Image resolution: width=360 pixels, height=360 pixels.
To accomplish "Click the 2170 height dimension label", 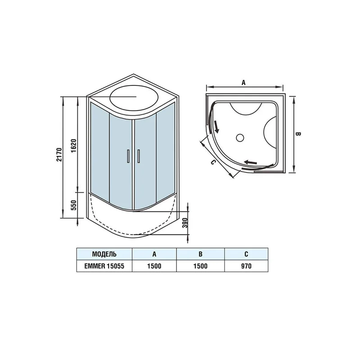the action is pos(59,154).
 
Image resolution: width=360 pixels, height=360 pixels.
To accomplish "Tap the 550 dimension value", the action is pos(73,205).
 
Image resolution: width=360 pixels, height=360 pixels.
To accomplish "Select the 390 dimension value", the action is pos(185,223).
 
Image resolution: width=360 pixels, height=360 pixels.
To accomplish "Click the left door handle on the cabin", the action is pos(128,156).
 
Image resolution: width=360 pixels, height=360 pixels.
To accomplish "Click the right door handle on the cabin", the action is pos(139,156).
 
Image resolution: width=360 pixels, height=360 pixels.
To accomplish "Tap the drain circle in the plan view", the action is pos(240,138).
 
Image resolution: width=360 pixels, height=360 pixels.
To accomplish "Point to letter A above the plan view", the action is pos(243,82).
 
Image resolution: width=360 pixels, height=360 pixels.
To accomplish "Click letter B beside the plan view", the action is pos(298,134).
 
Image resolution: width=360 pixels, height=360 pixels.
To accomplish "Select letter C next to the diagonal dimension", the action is pos(213,162).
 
